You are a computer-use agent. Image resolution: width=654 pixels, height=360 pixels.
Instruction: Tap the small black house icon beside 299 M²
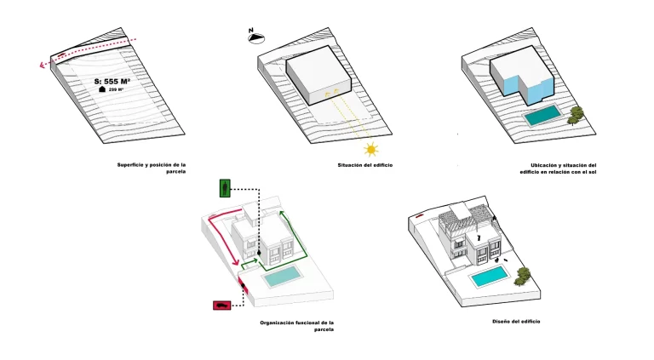tap(102, 89)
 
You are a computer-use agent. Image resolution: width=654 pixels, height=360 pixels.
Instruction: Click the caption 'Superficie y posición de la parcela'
tap(151, 167)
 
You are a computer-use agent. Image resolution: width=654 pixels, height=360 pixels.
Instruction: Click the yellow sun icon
tap(370, 150)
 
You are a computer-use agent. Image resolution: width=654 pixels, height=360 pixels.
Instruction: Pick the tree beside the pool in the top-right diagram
tap(577, 114)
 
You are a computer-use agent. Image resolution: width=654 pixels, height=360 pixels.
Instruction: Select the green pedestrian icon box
tap(224, 188)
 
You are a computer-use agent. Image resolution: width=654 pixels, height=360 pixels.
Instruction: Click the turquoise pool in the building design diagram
tap(490, 276)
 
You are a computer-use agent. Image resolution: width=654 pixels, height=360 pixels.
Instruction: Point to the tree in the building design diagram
tap(523, 274)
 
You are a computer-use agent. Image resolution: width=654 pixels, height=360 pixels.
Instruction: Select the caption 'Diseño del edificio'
tap(515, 321)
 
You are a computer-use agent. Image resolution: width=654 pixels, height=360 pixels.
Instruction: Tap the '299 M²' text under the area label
tap(117, 89)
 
